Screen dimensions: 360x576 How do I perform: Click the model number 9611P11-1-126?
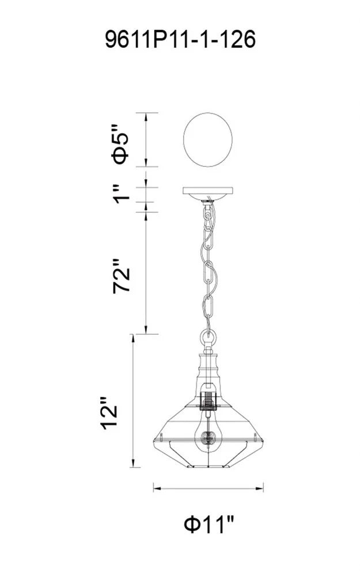point(180,39)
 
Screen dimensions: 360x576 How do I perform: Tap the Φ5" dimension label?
point(121,143)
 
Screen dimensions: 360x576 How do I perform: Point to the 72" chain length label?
point(122,276)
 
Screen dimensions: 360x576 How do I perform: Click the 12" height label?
point(109,413)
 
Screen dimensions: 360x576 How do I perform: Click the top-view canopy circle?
point(208,139)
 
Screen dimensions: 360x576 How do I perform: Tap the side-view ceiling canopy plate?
point(208,194)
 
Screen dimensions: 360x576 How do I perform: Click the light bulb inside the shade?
point(209,435)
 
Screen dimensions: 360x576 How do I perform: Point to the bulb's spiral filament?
point(209,438)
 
